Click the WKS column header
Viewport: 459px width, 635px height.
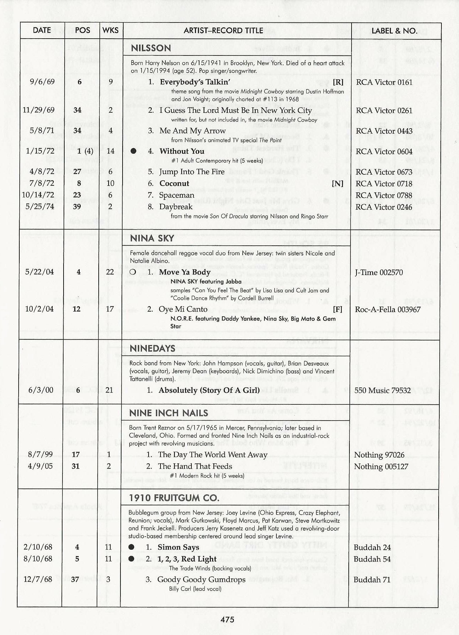click(110, 30)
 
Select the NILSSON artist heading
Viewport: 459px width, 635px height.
click(151, 48)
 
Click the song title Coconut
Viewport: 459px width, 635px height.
click(174, 184)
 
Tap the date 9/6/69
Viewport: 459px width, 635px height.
click(42, 82)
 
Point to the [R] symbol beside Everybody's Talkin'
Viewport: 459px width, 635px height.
click(338, 82)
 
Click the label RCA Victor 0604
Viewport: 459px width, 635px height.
click(384, 151)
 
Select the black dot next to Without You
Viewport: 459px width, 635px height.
click(133, 151)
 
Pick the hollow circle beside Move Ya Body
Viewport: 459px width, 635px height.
click(132, 272)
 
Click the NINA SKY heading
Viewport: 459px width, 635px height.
click(152, 238)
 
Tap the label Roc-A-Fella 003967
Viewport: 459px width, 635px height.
click(387, 309)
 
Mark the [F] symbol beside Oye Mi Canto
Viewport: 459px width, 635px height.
click(337, 309)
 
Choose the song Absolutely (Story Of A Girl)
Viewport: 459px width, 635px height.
click(209, 390)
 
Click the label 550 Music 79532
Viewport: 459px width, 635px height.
click(382, 390)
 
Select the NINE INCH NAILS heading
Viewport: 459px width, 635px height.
click(169, 413)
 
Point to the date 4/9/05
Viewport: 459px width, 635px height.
click(40, 466)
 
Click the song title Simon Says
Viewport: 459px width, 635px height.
click(178, 547)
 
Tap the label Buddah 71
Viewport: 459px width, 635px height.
click(372, 580)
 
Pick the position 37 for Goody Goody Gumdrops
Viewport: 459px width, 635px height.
click(75, 580)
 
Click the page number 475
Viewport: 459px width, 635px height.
click(227, 620)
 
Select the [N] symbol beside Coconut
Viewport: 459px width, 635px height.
click(337, 184)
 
